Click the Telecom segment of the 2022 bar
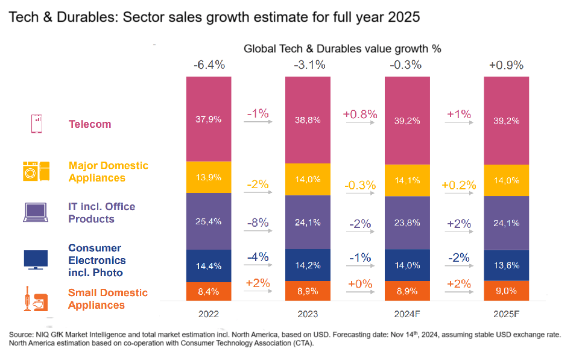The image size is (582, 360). tap(209, 119)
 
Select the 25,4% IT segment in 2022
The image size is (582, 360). tap(209, 221)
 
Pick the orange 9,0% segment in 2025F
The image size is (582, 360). tap(506, 290)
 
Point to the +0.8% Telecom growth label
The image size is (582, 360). tap(360, 113)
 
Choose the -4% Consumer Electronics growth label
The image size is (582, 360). tap(258, 257)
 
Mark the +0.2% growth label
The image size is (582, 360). tap(458, 185)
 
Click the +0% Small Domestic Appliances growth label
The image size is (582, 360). tap(359, 283)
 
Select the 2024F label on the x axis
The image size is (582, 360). tap(407, 314)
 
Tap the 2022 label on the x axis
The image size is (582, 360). tap(209, 314)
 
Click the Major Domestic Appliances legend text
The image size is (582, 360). tap(108, 171)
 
